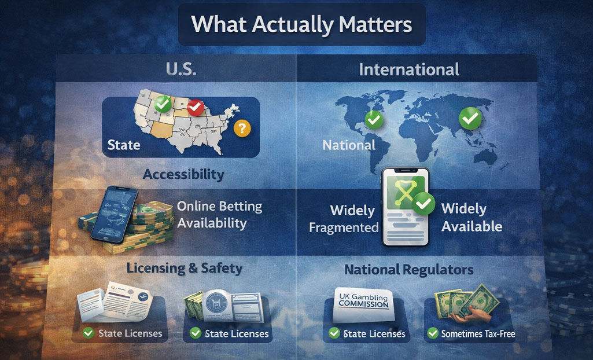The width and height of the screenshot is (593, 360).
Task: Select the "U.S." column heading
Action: click(181, 69)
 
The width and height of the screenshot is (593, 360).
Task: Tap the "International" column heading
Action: click(409, 70)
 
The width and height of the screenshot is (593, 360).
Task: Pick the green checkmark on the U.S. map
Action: click(163, 104)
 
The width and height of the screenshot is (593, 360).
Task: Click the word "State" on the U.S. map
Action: click(124, 144)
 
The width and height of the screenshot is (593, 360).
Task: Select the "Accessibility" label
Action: click(183, 174)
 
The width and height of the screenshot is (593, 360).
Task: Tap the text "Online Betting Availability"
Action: click(220, 215)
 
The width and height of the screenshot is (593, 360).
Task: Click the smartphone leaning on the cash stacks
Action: click(114, 215)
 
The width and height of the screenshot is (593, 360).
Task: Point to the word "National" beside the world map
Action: click(349, 145)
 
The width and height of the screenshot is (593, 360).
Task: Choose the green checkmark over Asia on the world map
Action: click(470, 118)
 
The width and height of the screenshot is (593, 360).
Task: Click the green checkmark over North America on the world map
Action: click(374, 120)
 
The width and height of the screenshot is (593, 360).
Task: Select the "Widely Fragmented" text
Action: click(344, 219)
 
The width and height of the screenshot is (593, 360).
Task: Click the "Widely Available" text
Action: click(472, 218)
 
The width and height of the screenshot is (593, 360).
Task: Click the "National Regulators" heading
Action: click(409, 270)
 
